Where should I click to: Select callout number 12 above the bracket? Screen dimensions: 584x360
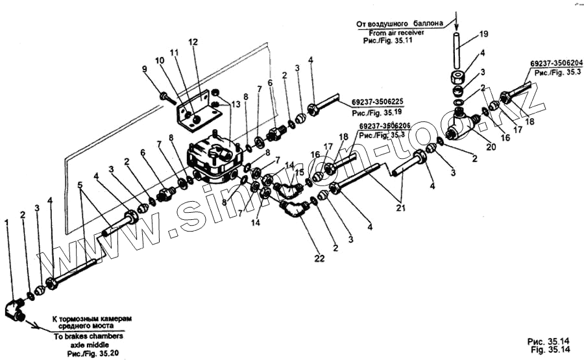(193, 42)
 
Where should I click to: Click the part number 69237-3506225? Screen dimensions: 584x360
(378, 101)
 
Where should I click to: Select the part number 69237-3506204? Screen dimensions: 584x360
(556, 63)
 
